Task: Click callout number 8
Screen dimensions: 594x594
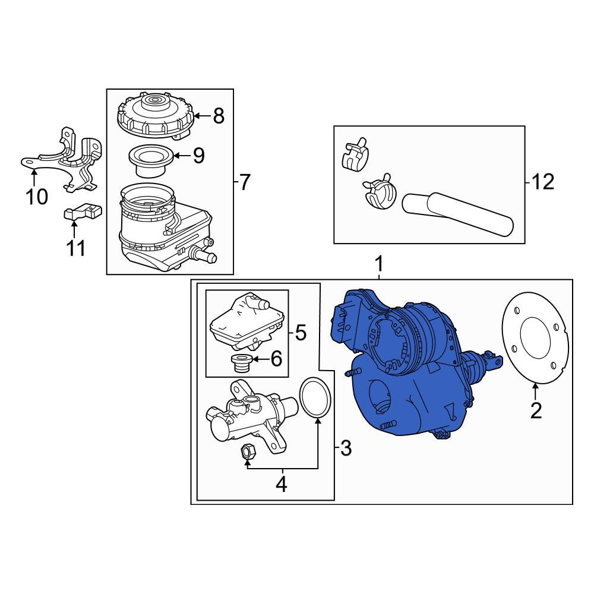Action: point(219,116)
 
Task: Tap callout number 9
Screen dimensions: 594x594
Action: point(198,155)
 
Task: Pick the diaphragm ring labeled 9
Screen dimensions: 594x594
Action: point(151,161)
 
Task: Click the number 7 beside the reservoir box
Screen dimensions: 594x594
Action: point(245,182)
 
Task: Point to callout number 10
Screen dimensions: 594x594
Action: point(37,197)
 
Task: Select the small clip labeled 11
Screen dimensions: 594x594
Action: point(83,211)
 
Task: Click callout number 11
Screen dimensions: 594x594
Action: point(76,248)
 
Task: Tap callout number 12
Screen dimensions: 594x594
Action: point(543,182)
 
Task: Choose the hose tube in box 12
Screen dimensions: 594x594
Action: point(457,214)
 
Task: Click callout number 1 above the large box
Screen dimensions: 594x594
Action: point(379,264)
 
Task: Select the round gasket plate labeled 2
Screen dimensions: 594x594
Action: point(535,338)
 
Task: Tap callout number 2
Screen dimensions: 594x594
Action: point(536,410)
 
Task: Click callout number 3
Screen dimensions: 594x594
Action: point(346,448)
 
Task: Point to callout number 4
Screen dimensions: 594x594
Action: point(282,484)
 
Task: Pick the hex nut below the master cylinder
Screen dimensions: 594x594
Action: point(248,451)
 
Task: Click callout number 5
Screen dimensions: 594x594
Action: point(301,333)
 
